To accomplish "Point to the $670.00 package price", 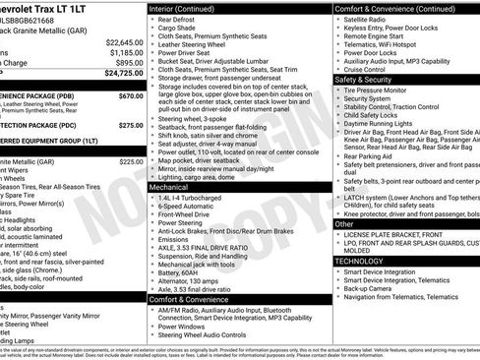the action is (131, 96).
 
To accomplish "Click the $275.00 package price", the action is (131, 125).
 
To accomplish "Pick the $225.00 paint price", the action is (131, 161).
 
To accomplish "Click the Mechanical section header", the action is (169, 185).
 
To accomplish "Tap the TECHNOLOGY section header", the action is (360, 262).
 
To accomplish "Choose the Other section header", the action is (345, 224).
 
